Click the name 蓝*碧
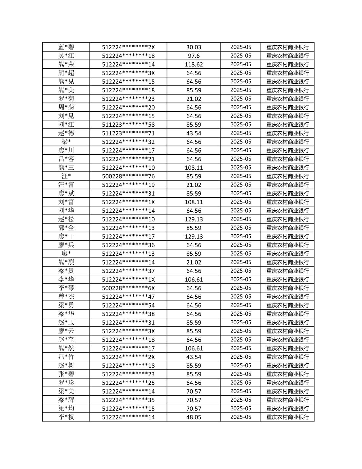[x=66, y=47]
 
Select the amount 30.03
[x=194, y=47]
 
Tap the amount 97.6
[x=194, y=56]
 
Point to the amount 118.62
[x=194, y=64]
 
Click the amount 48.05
[x=194, y=417]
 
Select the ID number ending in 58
[x=128, y=125]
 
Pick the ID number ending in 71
[x=128, y=133]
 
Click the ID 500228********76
[x=128, y=176]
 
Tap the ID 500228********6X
[x=128, y=288]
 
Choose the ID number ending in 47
[x=128, y=297]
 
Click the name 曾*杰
[x=66, y=297]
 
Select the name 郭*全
[x=66, y=228]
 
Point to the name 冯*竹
[x=66, y=357]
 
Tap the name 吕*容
[x=66, y=159]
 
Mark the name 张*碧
[x=66, y=374]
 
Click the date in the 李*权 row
[x=240, y=417]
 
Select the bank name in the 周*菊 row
[x=288, y=107]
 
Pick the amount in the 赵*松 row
[x=194, y=219]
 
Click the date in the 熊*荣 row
[x=240, y=64]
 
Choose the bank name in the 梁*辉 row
[x=288, y=400]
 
